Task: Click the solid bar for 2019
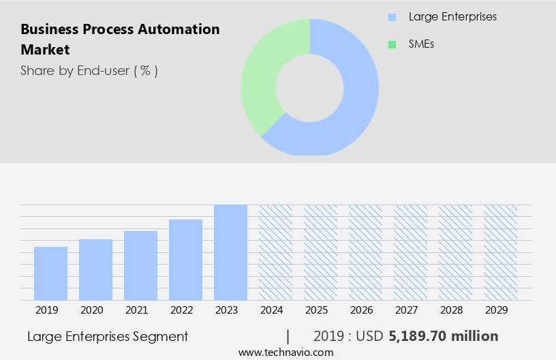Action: pyautogui.click(x=50, y=273)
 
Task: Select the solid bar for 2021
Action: pyautogui.click(x=140, y=266)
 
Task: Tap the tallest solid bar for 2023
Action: pyautogui.click(x=230, y=252)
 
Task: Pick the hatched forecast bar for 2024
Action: pyautogui.click(x=275, y=252)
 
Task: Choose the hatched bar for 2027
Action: pyautogui.click(x=410, y=252)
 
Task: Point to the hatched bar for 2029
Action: pyautogui.click(x=500, y=252)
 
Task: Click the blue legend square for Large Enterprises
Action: pyautogui.click(x=392, y=17)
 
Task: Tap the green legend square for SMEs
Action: pyautogui.click(x=392, y=44)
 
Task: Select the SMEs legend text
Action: pyautogui.click(x=422, y=44)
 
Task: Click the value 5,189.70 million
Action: pyautogui.click(x=444, y=336)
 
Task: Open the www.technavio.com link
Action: pyautogui.click(x=285, y=352)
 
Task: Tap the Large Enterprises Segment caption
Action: pyautogui.click(x=108, y=336)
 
